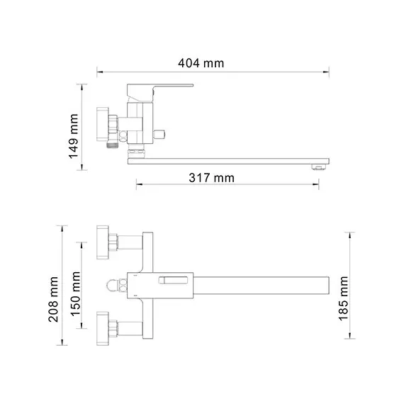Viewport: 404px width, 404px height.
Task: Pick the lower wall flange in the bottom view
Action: (x=105, y=328)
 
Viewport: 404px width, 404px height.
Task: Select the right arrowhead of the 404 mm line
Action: (x=327, y=72)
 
